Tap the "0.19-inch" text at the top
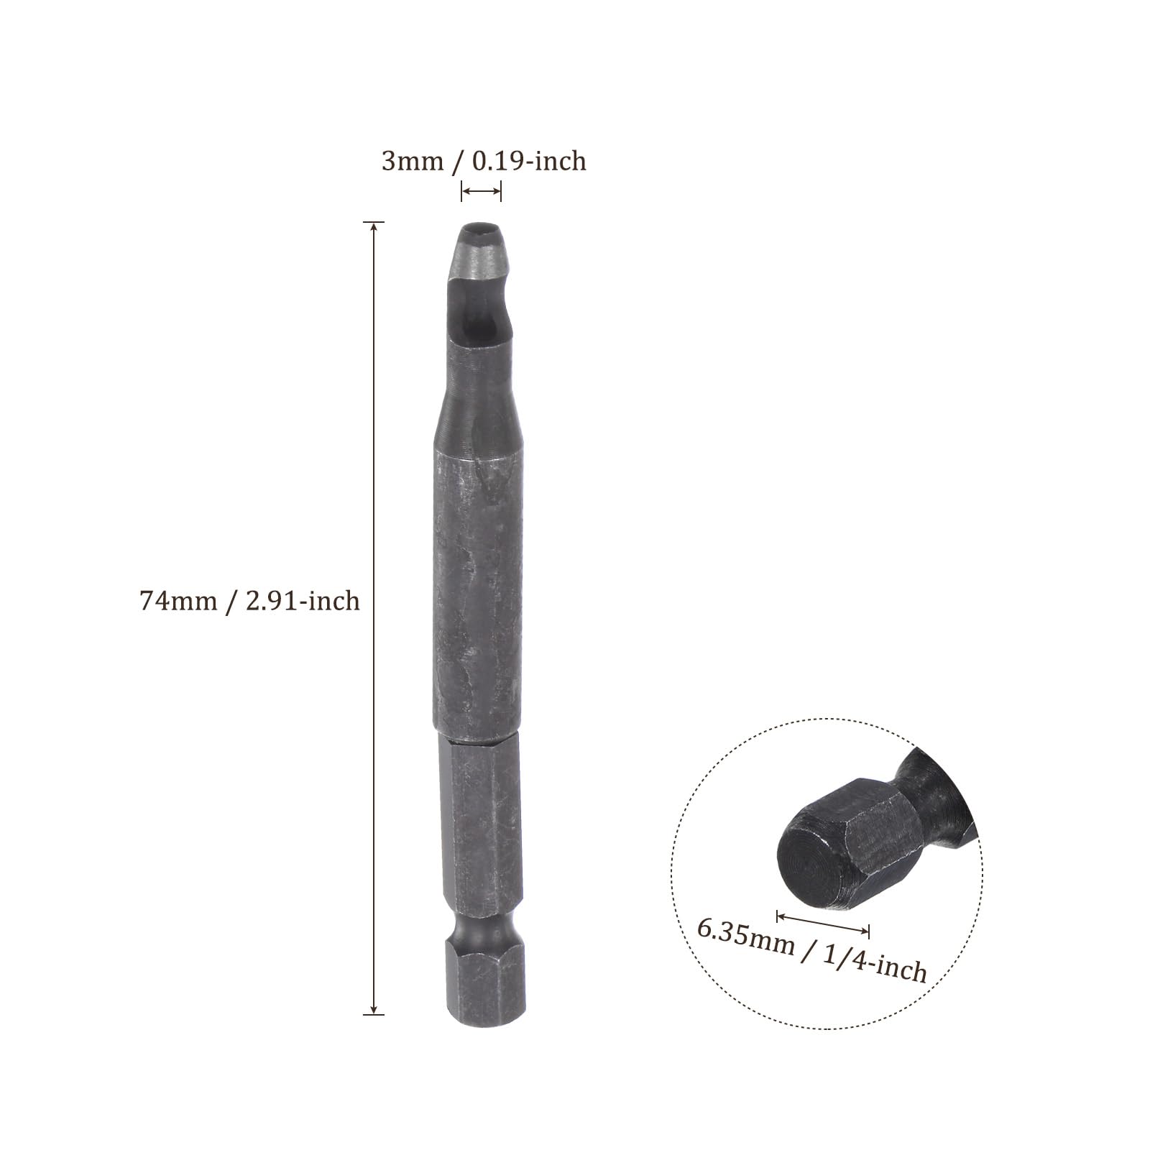click(x=529, y=161)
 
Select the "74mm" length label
click(x=178, y=600)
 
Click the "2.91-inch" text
click(x=303, y=600)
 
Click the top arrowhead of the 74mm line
click(x=373, y=228)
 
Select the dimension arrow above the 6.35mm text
click(x=823, y=923)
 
